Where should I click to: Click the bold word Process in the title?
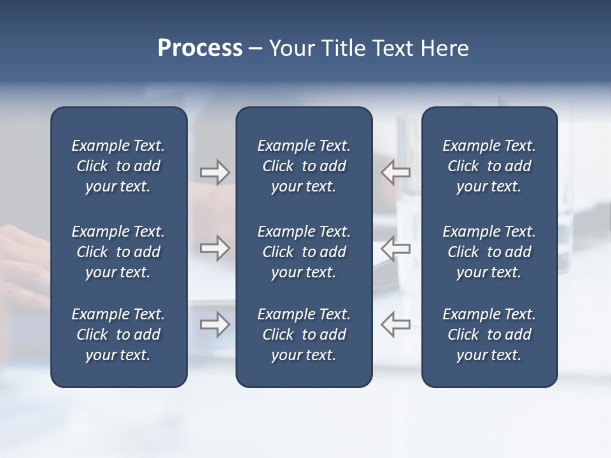pyautogui.click(x=200, y=48)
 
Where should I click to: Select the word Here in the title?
pyautogui.click(x=445, y=48)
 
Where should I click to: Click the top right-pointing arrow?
pyautogui.click(x=215, y=172)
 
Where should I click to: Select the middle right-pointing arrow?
pyautogui.click(x=215, y=248)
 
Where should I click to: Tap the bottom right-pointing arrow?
pyautogui.click(x=215, y=324)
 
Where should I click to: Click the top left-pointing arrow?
pyautogui.click(x=395, y=172)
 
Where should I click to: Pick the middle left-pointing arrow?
pyautogui.click(x=395, y=248)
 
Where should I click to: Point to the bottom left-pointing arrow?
pyautogui.click(x=395, y=324)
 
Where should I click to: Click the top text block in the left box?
pyautogui.click(x=118, y=166)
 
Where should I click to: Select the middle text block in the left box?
pyautogui.click(x=118, y=252)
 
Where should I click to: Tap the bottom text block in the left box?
pyautogui.click(x=118, y=335)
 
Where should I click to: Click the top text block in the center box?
pyautogui.click(x=304, y=166)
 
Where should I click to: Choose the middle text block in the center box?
pyautogui.click(x=304, y=252)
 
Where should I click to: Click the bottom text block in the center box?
pyautogui.click(x=304, y=335)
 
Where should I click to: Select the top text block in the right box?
pyautogui.click(x=489, y=166)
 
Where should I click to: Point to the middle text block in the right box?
pyautogui.click(x=489, y=252)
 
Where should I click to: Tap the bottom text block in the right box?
pyautogui.click(x=489, y=335)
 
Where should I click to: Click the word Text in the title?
pyautogui.click(x=394, y=48)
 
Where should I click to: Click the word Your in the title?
pyautogui.click(x=290, y=48)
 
